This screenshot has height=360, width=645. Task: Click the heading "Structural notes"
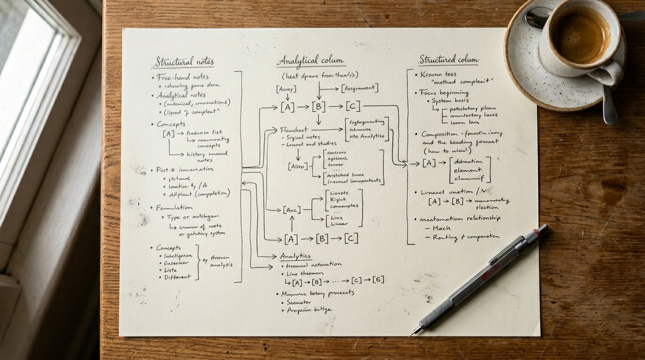(182, 61)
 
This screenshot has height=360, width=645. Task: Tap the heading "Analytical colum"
(310, 60)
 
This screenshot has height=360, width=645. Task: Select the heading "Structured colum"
(449, 60)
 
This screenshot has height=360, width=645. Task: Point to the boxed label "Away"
(286, 89)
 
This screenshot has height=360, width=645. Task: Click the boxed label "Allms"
(298, 166)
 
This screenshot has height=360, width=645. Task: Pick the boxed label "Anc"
(292, 210)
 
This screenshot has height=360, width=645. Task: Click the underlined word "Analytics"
(295, 256)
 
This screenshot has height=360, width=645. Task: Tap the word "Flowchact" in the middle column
(294, 129)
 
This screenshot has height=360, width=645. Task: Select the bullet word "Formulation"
(174, 207)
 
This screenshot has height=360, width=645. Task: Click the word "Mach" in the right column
(441, 228)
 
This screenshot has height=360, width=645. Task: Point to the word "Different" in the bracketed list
(177, 277)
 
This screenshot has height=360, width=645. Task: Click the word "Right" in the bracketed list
(338, 200)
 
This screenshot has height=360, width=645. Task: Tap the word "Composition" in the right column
(439, 134)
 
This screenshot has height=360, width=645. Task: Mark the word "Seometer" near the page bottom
(299, 302)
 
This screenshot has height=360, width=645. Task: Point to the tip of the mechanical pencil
(412, 334)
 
